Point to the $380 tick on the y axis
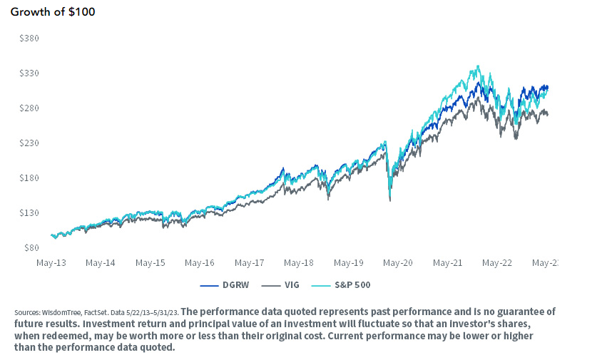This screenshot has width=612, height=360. (x=29, y=38)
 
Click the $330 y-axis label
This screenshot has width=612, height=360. (x=29, y=73)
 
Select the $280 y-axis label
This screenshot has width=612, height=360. (x=29, y=108)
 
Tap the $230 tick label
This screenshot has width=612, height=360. (x=29, y=143)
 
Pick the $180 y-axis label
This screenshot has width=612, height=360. (x=29, y=178)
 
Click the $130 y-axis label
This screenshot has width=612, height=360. (x=29, y=213)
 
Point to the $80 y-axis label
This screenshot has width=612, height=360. (x=31, y=248)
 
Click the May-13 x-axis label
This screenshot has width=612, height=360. (x=51, y=262)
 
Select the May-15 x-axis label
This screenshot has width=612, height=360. (x=151, y=262)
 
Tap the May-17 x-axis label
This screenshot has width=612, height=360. (x=250, y=262)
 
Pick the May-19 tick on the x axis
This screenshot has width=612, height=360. (x=349, y=262)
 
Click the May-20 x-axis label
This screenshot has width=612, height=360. (x=398, y=262)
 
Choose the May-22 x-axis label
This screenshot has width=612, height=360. (x=497, y=262)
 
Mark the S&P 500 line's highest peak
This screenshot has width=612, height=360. (x=477, y=66)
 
